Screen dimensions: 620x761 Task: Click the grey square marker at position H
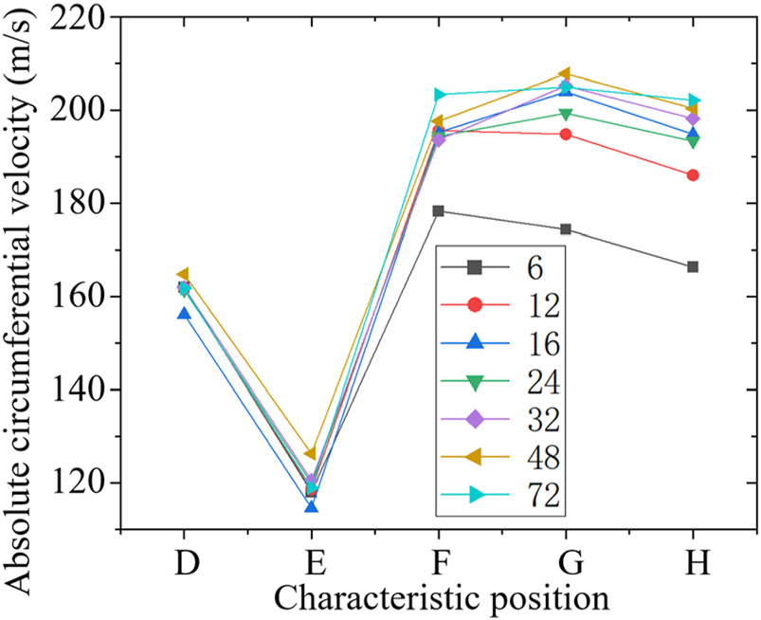tap(693, 267)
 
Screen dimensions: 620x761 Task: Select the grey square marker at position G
tap(566, 229)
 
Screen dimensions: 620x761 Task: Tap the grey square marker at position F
tap(438, 210)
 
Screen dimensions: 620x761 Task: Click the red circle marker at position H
tap(693, 175)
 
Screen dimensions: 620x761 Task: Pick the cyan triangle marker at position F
tap(439, 95)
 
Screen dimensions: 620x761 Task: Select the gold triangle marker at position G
tap(565, 74)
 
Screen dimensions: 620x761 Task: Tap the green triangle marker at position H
tap(693, 141)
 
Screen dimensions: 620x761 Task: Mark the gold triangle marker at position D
tap(183, 275)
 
